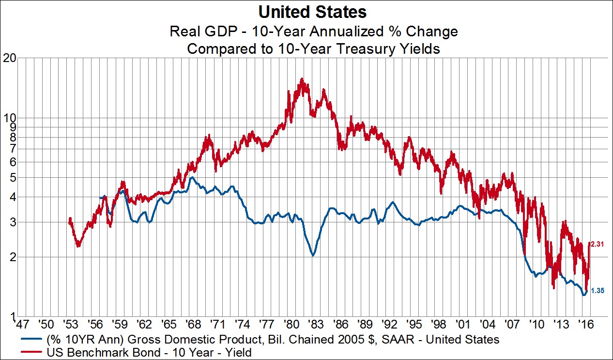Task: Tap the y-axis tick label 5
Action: pyautogui.click(x=14, y=177)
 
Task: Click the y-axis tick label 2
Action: pyautogui.click(x=14, y=257)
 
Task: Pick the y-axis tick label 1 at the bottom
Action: pyautogui.click(x=14, y=317)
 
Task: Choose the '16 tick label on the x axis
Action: pyautogui.click(x=584, y=323)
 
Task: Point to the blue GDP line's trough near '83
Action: pyautogui.click(x=313, y=255)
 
